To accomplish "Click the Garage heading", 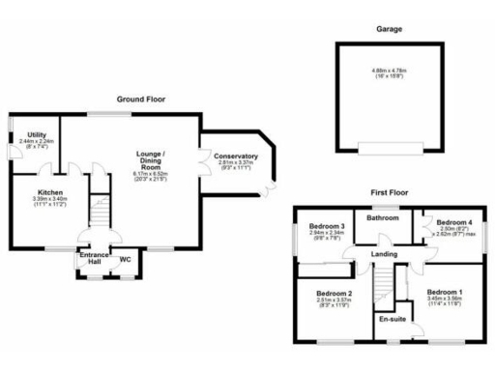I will (390, 29).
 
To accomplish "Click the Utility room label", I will (37, 134).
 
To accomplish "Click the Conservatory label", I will (236, 157).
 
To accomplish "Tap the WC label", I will (125, 260).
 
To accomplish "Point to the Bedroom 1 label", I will (446, 293).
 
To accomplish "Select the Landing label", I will (385, 254).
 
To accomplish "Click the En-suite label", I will (393, 318).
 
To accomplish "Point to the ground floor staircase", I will (101, 209).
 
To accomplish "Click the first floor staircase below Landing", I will (385, 285).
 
